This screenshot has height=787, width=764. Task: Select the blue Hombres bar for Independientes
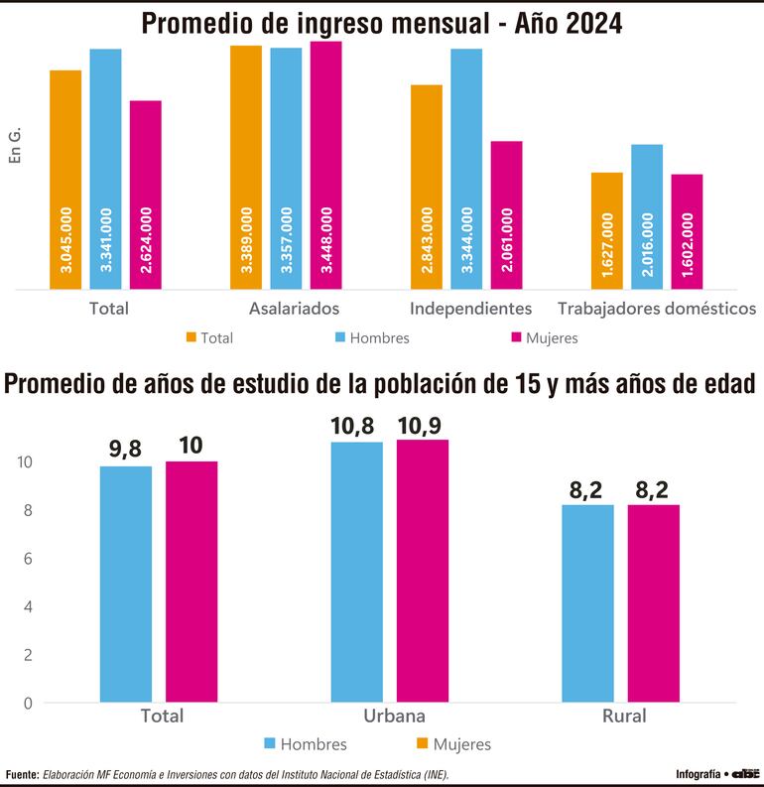tap(466, 169)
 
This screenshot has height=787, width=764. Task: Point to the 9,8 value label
tap(125, 449)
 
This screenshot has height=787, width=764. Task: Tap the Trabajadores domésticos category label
tap(657, 309)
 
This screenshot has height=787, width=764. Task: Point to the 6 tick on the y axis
tap(27, 559)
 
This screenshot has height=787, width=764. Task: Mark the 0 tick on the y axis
tap(27, 704)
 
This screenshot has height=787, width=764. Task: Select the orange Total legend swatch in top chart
tap(191, 337)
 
